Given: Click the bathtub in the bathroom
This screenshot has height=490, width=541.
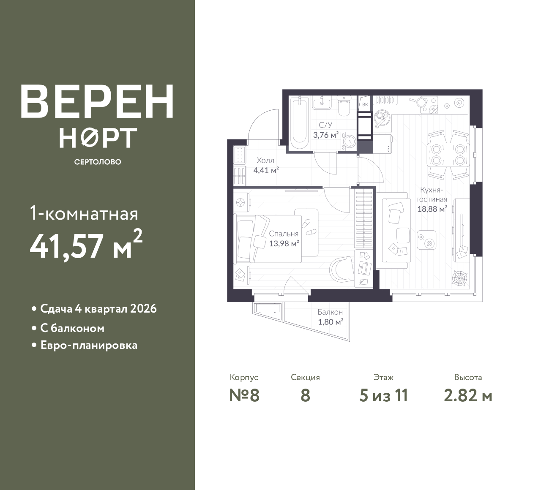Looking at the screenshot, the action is [x=300, y=123].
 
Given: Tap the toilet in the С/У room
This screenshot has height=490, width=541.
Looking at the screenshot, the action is [x=344, y=106].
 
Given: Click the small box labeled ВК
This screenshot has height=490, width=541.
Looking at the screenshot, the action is [x=365, y=105].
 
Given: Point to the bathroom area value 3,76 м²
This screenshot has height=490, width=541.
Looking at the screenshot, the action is [x=326, y=135].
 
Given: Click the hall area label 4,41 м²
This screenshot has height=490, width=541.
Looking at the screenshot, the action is [x=266, y=170].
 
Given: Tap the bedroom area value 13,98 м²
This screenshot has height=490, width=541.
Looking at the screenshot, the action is [x=284, y=244].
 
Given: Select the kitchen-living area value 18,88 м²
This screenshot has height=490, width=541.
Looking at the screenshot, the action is [x=432, y=209].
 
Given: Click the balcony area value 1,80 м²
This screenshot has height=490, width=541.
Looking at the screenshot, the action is [x=331, y=322].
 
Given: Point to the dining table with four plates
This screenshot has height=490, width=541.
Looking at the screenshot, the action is [x=448, y=155].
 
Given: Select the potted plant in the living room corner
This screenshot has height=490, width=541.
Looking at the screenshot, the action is [x=460, y=277].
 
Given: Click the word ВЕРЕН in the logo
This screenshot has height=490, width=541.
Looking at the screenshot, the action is [x=97, y=101].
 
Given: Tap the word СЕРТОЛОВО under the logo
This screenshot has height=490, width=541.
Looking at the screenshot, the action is [x=98, y=162].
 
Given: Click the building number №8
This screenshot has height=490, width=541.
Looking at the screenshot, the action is [x=244, y=395].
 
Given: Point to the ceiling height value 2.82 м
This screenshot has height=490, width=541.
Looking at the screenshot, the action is [x=468, y=396].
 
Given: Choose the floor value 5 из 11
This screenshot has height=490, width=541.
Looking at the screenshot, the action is [x=383, y=395].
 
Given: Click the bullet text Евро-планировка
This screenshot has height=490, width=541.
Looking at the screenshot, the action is [x=89, y=345].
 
